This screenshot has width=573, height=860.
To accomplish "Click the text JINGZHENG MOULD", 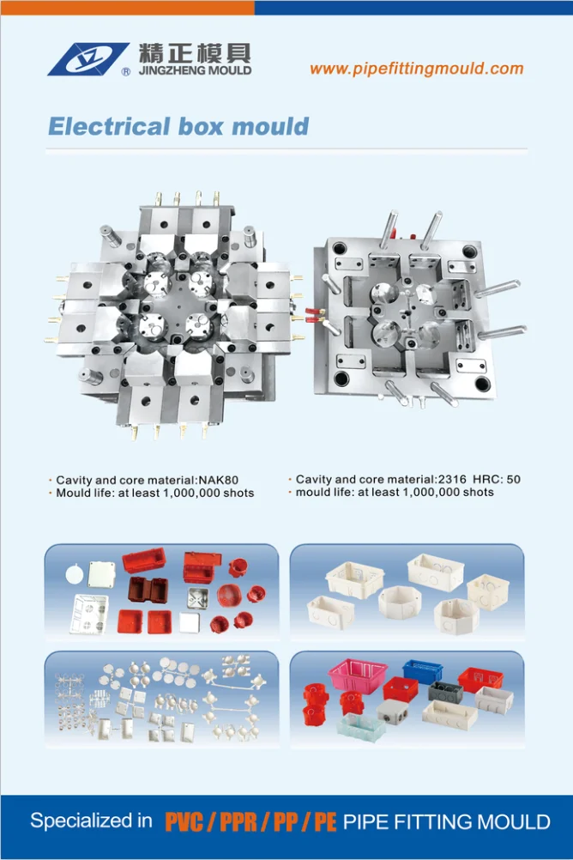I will pos(192,70).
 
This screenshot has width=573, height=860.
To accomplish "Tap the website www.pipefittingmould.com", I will pos(415,69).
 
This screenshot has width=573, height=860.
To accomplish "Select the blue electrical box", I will pos(421,670).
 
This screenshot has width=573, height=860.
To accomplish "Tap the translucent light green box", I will pos(360,726).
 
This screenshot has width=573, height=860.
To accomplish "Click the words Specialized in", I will pos(91,821).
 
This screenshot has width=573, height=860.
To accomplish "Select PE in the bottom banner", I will pos(324,822).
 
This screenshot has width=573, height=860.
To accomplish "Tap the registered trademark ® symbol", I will pos(126,73).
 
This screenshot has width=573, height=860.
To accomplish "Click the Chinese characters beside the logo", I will pos(192,51).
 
